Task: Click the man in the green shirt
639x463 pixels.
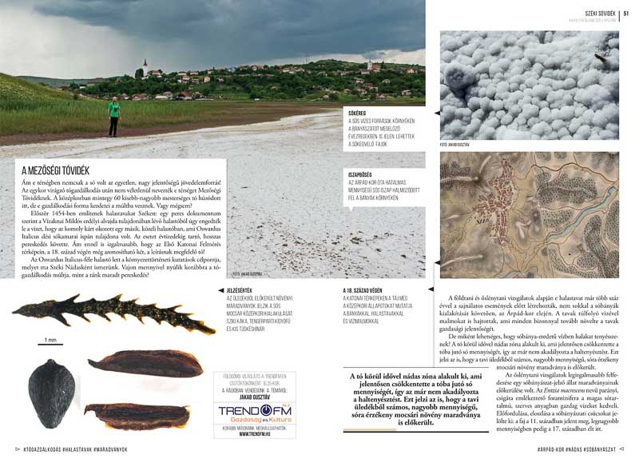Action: [114, 116]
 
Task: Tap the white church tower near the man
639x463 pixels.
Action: [145, 69]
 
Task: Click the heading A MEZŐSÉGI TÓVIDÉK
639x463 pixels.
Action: [56, 170]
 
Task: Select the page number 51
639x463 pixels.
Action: [626, 12]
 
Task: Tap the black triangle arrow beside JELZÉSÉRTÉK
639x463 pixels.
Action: [220, 289]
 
